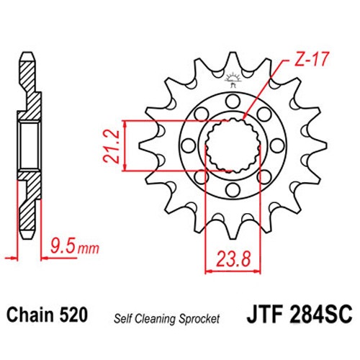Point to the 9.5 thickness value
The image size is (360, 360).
click(x=60, y=248)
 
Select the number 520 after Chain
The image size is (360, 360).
click(x=75, y=315)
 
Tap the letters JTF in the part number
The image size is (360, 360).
click(x=267, y=315)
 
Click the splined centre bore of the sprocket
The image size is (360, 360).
click(x=231, y=147)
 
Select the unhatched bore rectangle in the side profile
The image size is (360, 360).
click(x=30, y=147)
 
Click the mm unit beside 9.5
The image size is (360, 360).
click(x=86, y=250)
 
